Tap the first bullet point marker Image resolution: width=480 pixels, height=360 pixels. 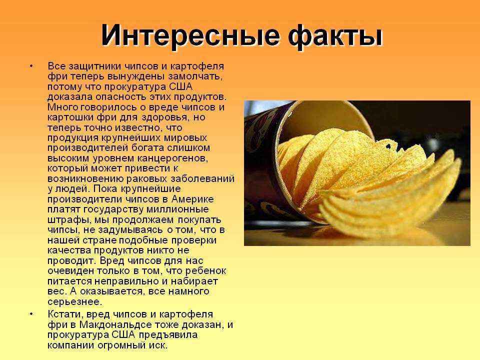pos(31,66)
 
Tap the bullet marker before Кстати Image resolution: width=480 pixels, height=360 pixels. pos(31,314)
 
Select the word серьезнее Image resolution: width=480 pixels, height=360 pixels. pos(74,302)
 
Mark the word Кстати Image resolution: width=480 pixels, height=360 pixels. pos(65,314)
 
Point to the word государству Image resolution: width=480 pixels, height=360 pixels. pos(113,209)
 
